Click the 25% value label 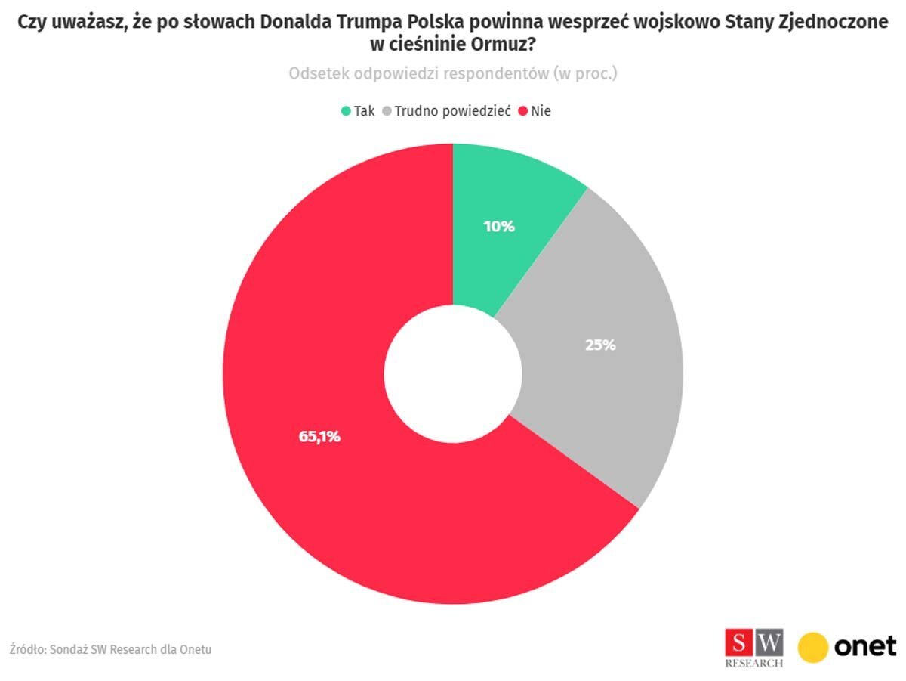point(601,345)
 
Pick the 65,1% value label point(319,436)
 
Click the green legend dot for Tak point(346,111)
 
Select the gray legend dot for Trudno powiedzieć point(387,111)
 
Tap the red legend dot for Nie point(523,111)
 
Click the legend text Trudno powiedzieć point(452,111)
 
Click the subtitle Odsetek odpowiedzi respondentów point(453,73)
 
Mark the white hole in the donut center point(453,373)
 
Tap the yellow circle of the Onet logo point(813,647)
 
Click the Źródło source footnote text point(110,649)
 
